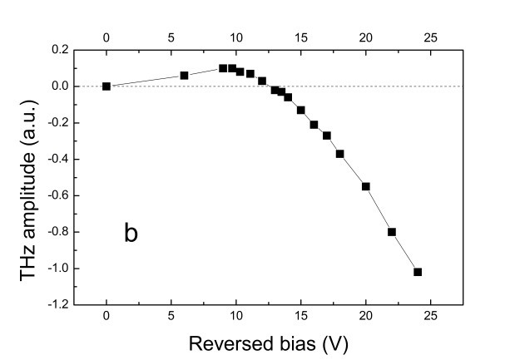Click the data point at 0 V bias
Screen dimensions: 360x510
pyautogui.click(x=106, y=86)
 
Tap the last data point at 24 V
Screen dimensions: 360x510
pyautogui.click(x=418, y=272)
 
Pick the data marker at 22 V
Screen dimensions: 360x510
pyautogui.click(x=392, y=232)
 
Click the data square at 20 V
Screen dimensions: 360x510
pyautogui.click(x=366, y=186)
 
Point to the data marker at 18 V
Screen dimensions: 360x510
pyautogui.click(x=340, y=153)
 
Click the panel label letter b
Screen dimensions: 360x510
pyautogui.click(x=131, y=233)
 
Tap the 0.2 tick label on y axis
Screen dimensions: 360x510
pyautogui.click(x=59, y=50)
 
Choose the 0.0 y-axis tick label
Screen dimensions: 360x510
pyautogui.click(x=59, y=86)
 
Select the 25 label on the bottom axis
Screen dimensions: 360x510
pyautogui.click(x=430, y=319)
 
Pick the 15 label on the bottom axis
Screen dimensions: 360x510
pyautogui.click(x=300, y=319)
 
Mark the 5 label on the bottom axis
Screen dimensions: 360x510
pyautogui.click(x=171, y=319)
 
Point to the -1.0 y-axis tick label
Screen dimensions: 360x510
pyautogui.click(x=57, y=269)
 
